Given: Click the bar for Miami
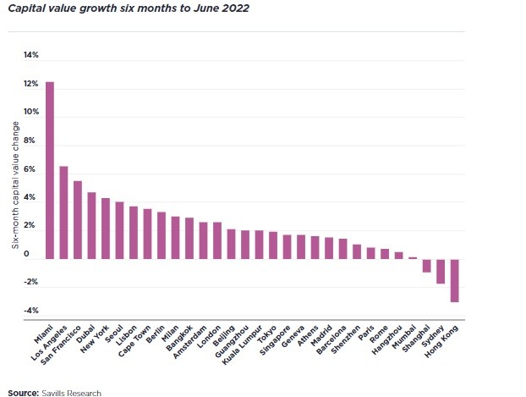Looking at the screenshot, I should coord(50,170).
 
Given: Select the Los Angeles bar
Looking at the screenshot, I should coord(63,212).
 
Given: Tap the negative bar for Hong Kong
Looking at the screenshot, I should coord(454,280).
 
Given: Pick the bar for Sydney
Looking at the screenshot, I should coord(441,271).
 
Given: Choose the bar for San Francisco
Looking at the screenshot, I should coord(78,220).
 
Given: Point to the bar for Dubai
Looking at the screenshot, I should coord(91,225).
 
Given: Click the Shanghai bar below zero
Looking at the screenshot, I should coord(427,265).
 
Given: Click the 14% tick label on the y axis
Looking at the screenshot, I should coord(31,56).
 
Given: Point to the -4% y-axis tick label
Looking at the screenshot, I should coord(31,311).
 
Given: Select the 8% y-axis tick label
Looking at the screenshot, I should coord(31,141).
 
